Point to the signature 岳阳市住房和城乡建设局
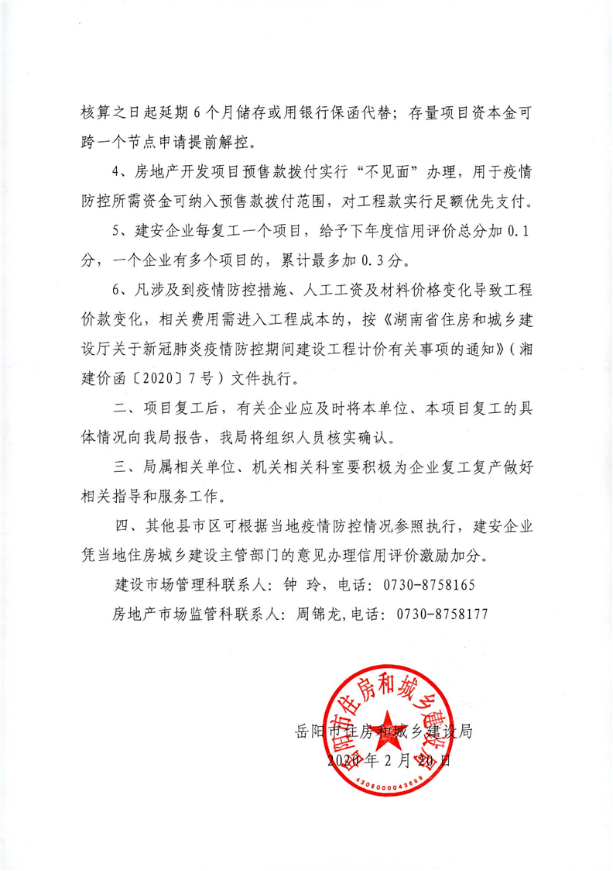click(x=384, y=731)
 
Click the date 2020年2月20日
click(x=389, y=760)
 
